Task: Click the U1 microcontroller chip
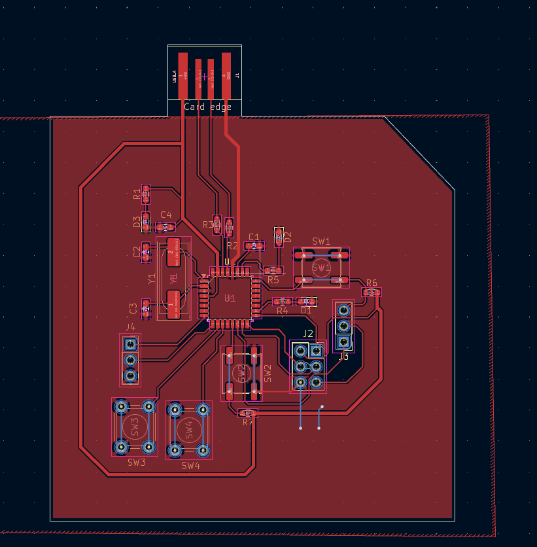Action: [230, 298]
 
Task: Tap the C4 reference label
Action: [166, 215]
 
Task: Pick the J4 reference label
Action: [131, 326]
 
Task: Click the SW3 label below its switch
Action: [137, 463]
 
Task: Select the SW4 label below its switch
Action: [190, 466]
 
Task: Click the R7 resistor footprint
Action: [247, 413]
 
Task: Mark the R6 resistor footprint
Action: [371, 292]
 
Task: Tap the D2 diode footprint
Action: [279, 236]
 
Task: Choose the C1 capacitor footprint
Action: [254, 246]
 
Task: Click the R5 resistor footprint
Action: [273, 270]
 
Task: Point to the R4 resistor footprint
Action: [283, 302]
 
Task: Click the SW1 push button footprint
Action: [321, 268]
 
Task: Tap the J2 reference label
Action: [308, 334]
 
